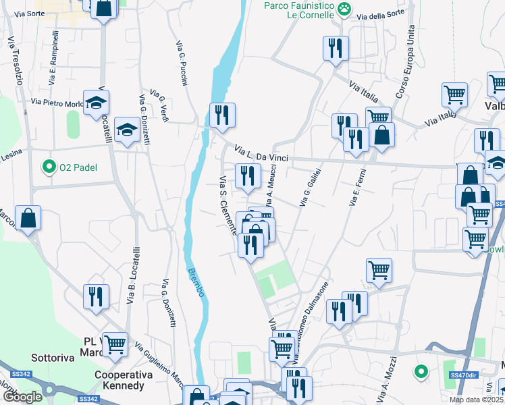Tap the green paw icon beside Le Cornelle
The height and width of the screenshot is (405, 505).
[x=345, y=8]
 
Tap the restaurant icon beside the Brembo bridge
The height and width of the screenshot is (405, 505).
[x=221, y=115]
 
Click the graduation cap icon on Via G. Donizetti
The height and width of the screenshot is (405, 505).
[x=126, y=130]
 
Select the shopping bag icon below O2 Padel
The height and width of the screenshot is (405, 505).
[x=28, y=219]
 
